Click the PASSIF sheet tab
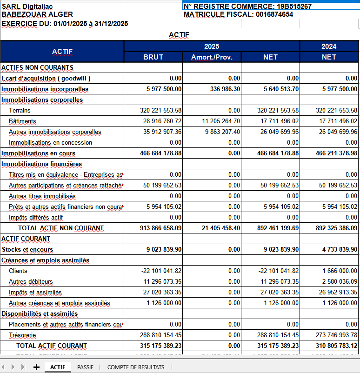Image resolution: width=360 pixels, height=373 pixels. coord(85,367)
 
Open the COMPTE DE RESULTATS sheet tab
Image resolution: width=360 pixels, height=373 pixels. coord(136,367)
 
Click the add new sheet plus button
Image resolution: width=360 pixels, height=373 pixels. coord(36,367)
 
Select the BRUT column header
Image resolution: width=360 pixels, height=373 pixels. coord(153,57)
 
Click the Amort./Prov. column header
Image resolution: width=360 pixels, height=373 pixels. coord(212,57)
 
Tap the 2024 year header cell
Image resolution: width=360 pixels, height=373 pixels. coord(329,46)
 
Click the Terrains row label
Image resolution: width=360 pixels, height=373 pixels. coord(20,110)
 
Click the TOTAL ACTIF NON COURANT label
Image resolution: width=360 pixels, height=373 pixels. coord(60,228)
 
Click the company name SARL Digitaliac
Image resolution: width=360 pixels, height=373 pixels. coord(27,7)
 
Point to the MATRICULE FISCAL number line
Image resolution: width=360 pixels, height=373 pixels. coord(238,14)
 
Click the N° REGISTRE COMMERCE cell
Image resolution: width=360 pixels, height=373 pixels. coord(247,7)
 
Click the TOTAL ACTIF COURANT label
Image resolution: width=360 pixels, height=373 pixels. coord(51,346)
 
